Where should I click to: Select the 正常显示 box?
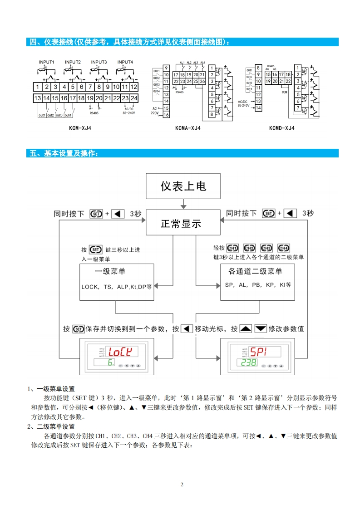pos(181,224)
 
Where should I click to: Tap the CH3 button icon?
pos(266,248)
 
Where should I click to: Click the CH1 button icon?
pos(232,248)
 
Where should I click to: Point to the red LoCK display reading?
pos(122,351)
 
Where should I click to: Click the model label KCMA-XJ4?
pos(187,128)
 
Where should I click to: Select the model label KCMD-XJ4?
pos(281,128)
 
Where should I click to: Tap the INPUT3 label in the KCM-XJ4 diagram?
pos(99,62)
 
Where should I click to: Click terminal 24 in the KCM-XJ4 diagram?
pos(134,98)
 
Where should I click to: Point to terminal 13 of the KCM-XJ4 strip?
pos(38,98)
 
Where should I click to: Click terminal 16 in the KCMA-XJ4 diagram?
pos(166,115)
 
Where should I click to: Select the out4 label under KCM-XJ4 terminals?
pos(68,115)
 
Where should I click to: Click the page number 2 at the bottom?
pos(182,485)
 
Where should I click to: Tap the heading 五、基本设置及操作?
pos(64,153)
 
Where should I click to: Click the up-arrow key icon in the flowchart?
pos(245,328)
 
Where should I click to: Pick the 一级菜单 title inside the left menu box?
pos(110,271)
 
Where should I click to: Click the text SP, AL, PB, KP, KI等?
pos(258,285)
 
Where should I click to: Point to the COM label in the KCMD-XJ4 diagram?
pos(285,92)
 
